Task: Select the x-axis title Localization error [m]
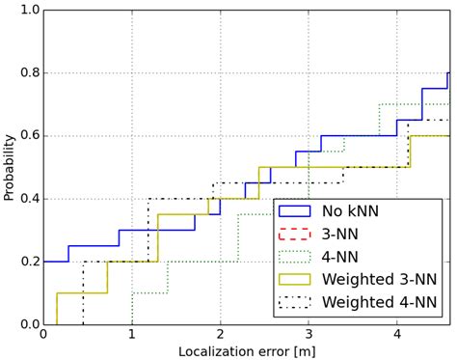[x=246, y=349]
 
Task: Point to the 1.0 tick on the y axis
[x=29, y=10]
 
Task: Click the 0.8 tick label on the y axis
[x=29, y=72]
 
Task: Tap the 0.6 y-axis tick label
[x=29, y=136]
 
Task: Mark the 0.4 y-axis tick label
[x=29, y=199]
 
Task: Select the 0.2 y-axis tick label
[x=29, y=262]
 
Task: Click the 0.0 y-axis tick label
[x=29, y=325]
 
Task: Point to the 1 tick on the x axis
[x=132, y=335]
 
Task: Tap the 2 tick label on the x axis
[x=221, y=335]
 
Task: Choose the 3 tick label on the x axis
[x=309, y=335]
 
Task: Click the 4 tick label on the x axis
[x=397, y=335]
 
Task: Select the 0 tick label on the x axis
[x=43, y=335]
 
